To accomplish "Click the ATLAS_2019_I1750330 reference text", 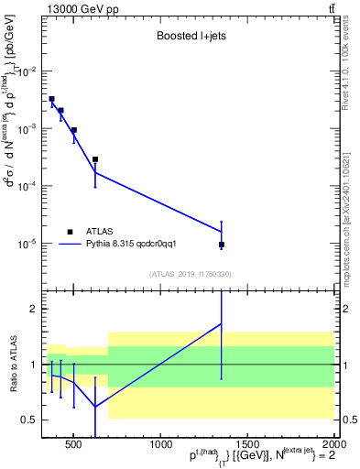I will click(190, 274).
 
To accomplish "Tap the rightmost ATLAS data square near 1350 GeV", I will click(222, 245).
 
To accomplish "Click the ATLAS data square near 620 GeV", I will click(95, 159).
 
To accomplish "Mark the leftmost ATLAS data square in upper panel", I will click(52, 99).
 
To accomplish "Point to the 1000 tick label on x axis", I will click(159, 444).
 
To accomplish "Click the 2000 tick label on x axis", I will click(333, 444).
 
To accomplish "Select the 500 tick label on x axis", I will click(73, 444).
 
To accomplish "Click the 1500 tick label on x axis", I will click(246, 444).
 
